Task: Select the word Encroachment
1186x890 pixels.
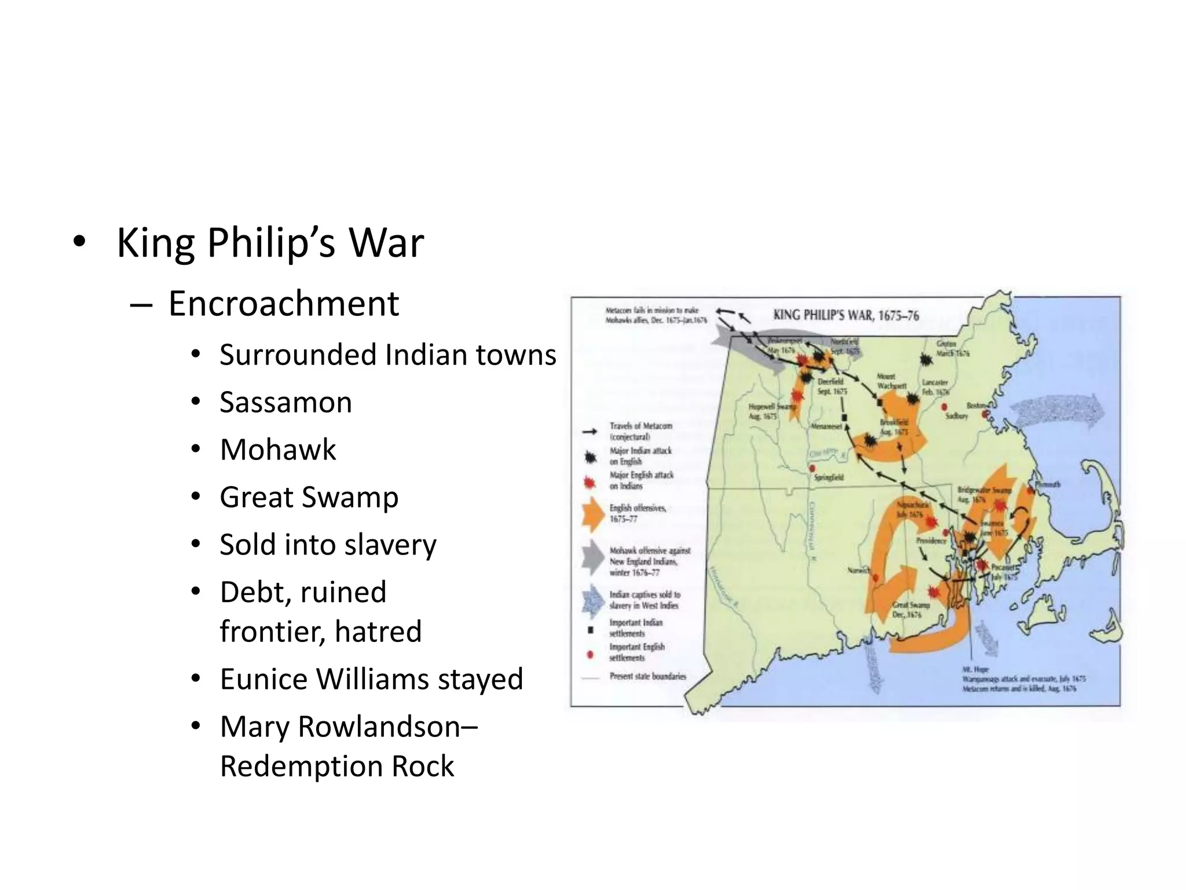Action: tap(283, 304)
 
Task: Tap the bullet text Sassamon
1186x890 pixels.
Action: tap(285, 402)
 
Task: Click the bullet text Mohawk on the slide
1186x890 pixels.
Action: tap(278, 450)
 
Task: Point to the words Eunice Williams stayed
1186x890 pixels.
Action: tap(371, 679)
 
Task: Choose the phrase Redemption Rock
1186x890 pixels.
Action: tap(337, 766)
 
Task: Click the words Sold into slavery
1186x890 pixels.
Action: tap(328, 545)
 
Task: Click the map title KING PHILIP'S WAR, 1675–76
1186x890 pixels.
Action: tap(845, 315)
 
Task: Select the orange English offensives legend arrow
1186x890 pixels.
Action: tap(592, 513)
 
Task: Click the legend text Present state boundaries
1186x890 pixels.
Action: tap(647, 676)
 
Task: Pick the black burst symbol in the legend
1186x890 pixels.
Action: tap(590, 457)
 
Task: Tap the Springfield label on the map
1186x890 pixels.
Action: tap(829, 477)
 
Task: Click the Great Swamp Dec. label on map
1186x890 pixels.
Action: tap(910, 610)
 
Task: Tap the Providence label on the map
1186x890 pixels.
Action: tap(931, 540)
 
